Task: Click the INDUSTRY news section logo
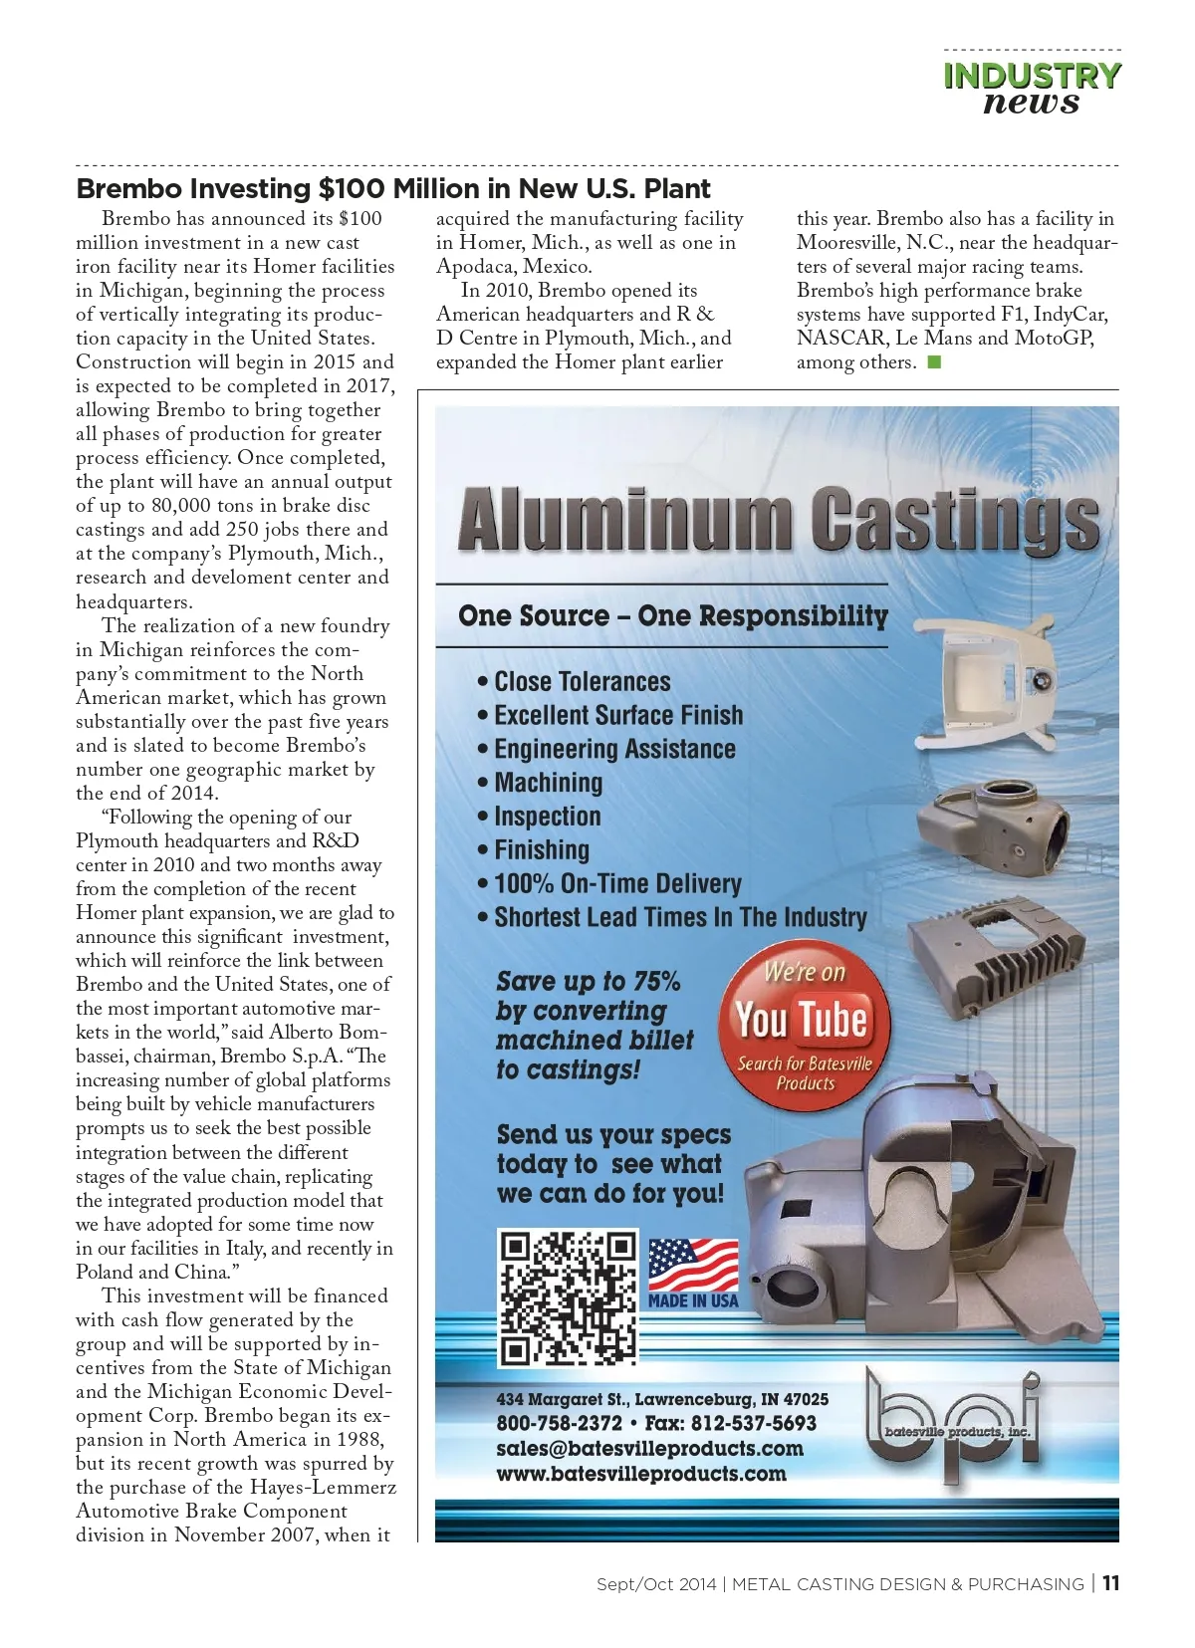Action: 1032,89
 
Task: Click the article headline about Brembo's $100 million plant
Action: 393,188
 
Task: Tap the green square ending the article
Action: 933,362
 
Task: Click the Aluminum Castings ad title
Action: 778,519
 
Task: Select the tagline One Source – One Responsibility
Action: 672,615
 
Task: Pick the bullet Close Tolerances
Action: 583,682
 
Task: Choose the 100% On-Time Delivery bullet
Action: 617,884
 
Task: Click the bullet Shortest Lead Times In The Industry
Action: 680,917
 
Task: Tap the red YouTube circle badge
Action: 804,1024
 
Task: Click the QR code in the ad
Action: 568,1297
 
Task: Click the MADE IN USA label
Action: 693,1300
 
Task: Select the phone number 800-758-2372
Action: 559,1424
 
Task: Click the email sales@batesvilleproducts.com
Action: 649,1449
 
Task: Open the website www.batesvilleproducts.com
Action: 641,1474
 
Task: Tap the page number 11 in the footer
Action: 1110,1583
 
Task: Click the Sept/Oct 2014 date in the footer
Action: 655,1584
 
